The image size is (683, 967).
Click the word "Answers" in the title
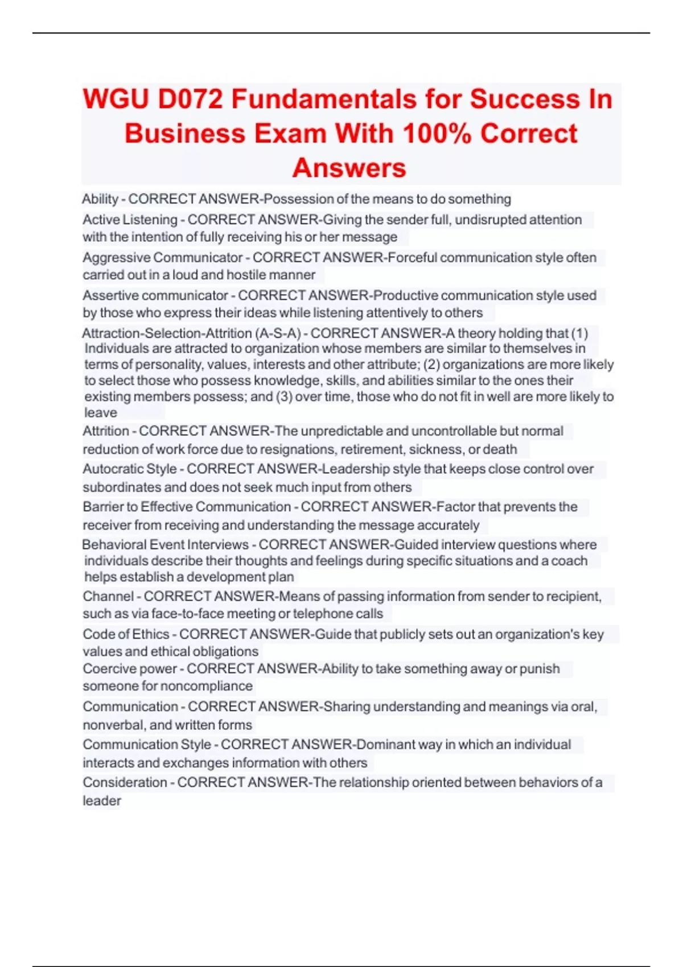click(349, 168)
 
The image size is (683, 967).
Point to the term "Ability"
click(100, 199)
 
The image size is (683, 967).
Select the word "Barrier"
click(101, 507)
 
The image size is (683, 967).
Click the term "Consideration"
click(125, 783)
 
